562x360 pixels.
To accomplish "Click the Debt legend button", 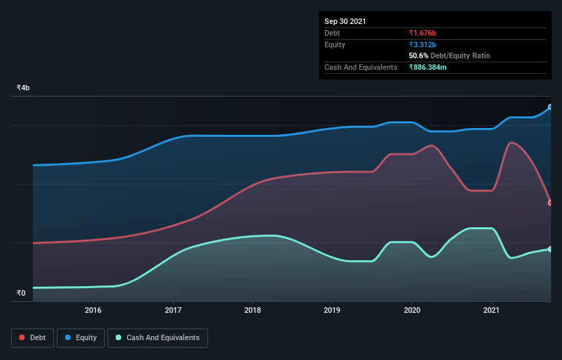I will (32, 337).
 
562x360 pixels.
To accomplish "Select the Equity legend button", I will (81, 337).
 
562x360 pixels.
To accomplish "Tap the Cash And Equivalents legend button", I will (157, 337).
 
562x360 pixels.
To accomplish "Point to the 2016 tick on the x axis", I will (94, 310).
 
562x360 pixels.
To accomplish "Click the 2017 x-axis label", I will (173, 310).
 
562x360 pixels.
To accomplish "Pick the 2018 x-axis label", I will (253, 310).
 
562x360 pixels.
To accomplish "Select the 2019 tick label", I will (332, 310).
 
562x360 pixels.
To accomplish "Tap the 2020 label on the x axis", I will (411, 310).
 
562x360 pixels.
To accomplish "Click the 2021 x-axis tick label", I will (491, 310).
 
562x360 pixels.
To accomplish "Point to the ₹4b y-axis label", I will (23, 88).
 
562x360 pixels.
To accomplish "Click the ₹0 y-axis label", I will (21, 294).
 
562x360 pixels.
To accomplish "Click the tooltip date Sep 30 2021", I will (345, 21).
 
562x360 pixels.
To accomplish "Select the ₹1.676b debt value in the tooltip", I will (422, 33).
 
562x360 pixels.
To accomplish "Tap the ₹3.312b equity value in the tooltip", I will (422, 44).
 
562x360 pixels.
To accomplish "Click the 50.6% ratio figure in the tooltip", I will (418, 55).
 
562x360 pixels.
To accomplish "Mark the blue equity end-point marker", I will (550, 107).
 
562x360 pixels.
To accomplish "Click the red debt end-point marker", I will (550, 203).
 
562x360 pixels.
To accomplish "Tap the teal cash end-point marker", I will (550, 249).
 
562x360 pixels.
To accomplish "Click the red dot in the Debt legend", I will (23, 337).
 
